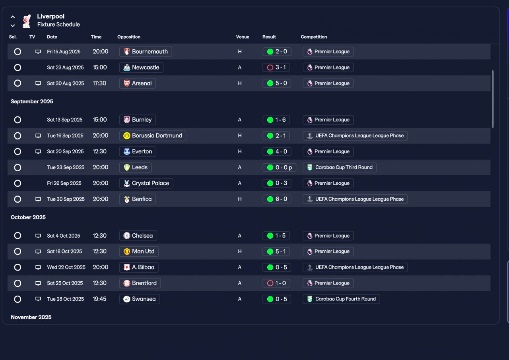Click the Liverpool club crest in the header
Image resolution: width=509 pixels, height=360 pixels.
(x=27, y=21)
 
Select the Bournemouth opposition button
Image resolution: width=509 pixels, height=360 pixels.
(x=146, y=52)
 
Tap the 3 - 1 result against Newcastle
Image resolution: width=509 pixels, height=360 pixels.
(x=276, y=68)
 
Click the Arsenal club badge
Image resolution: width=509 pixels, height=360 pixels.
(x=127, y=83)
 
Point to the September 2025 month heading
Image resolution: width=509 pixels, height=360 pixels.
(x=32, y=101)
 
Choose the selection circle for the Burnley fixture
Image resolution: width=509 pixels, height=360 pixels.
(x=17, y=120)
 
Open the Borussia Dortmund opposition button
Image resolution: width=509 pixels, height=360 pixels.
(x=153, y=136)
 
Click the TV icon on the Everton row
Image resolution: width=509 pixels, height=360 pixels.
(x=38, y=152)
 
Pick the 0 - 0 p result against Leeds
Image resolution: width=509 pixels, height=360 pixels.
(x=280, y=168)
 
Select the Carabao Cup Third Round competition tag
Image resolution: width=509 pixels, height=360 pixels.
(x=340, y=168)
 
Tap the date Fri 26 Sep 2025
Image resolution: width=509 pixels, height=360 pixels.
(x=64, y=184)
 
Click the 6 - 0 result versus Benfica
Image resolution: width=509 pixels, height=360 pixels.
(x=277, y=199)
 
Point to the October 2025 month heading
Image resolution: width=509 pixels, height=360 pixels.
(x=28, y=217)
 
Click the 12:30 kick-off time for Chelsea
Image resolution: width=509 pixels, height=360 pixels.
(x=99, y=236)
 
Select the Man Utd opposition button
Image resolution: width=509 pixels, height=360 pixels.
(x=139, y=252)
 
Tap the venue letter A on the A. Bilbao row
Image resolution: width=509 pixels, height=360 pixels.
(x=239, y=267)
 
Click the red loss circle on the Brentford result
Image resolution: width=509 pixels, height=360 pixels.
(x=270, y=283)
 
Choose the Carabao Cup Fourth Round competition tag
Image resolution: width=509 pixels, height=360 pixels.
(x=341, y=299)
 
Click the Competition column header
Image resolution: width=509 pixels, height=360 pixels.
(x=314, y=37)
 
